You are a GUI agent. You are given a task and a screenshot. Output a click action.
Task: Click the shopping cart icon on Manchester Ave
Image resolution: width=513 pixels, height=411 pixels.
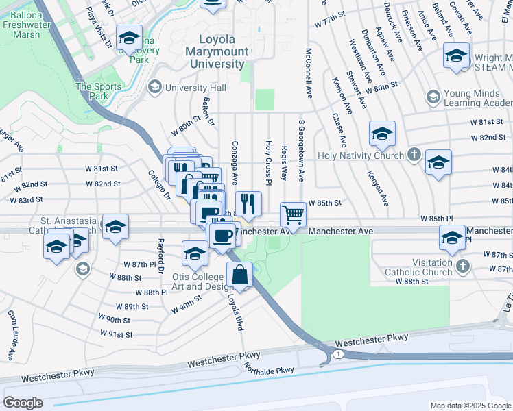coord(294,215)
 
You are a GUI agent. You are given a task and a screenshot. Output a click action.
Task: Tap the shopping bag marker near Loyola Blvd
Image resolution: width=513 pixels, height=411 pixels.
coord(239,275)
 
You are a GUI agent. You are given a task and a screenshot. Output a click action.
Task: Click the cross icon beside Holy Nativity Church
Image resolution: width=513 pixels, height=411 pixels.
coord(414,155)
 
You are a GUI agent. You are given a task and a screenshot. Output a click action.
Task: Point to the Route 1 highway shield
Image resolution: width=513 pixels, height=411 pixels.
coord(339,353)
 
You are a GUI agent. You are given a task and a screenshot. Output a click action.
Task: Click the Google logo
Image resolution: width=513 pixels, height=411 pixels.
coord(23,402)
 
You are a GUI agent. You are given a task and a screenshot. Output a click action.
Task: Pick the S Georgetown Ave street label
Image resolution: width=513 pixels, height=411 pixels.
coord(300,151)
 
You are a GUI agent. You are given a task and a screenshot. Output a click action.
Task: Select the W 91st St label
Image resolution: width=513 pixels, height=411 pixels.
coord(116,334)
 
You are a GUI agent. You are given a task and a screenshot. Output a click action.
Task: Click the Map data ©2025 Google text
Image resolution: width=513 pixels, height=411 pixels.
coord(470,406)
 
